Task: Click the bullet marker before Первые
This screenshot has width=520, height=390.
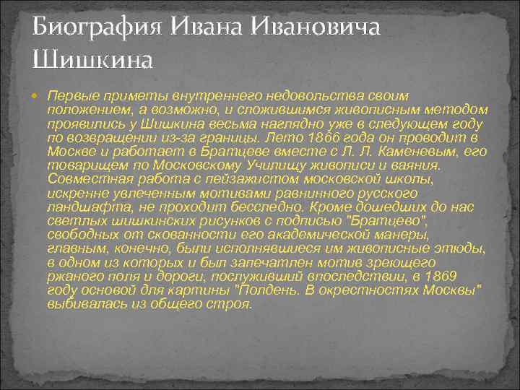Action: coord(39,96)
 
